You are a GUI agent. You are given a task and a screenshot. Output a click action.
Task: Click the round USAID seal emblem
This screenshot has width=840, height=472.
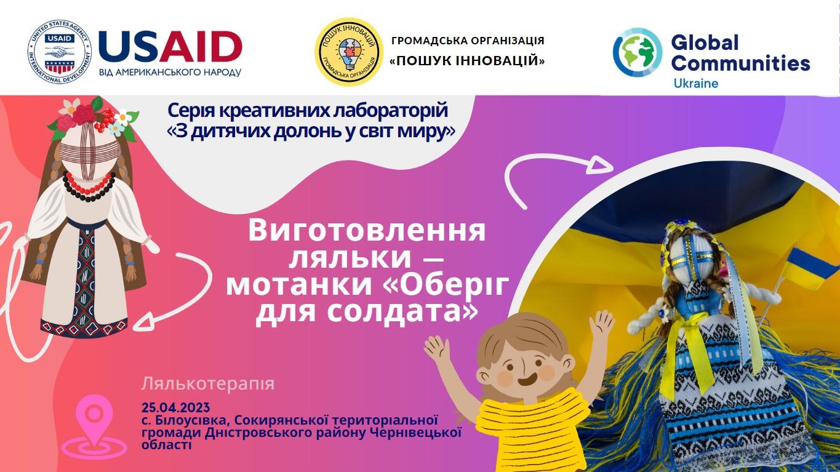[x=60, y=52]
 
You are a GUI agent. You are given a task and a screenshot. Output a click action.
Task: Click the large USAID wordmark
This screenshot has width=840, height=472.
[x=170, y=47]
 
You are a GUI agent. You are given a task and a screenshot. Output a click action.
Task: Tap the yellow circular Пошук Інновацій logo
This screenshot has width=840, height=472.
[x=349, y=52]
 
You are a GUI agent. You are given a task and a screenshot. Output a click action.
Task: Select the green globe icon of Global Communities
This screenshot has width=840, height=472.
[x=638, y=52]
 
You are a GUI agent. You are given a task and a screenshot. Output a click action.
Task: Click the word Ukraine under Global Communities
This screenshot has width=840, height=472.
[x=695, y=83]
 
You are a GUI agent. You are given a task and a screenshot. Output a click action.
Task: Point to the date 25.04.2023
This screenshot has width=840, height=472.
[x=175, y=407]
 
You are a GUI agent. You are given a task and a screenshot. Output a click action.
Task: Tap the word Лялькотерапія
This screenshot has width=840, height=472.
[x=208, y=383]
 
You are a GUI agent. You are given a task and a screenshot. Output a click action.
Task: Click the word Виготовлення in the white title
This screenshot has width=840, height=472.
[x=367, y=231]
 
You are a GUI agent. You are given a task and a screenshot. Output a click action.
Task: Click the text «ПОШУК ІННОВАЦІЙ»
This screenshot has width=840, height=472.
[x=467, y=61]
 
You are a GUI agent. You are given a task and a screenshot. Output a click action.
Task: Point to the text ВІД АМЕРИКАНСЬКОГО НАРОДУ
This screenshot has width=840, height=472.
[x=170, y=73]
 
